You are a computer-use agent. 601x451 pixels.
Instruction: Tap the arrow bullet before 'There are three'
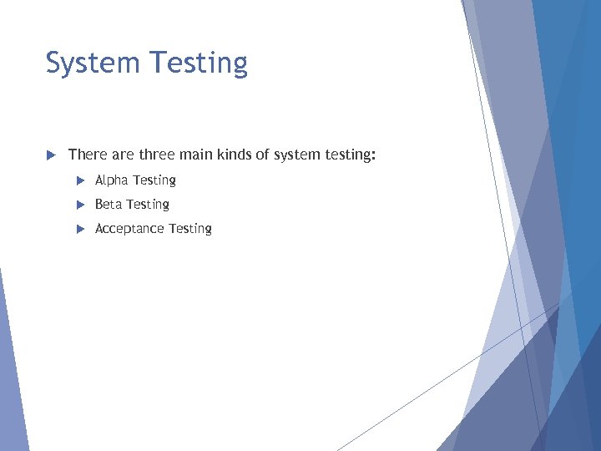click(x=50, y=155)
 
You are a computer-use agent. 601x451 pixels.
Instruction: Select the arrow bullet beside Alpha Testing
click(x=80, y=180)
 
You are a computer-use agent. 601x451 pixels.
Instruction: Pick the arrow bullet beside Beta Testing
click(x=80, y=205)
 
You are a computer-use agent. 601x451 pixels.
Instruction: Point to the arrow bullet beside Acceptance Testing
click(x=80, y=229)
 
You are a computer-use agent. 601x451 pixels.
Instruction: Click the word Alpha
click(x=112, y=180)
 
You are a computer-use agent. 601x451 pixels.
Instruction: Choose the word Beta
click(x=109, y=205)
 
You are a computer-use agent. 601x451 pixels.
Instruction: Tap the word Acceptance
click(x=129, y=229)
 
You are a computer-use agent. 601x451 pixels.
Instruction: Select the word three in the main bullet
click(x=156, y=155)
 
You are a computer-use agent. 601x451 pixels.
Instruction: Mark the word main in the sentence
click(x=197, y=155)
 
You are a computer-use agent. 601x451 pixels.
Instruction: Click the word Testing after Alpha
click(x=154, y=180)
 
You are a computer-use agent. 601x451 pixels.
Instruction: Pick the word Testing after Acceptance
click(x=190, y=229)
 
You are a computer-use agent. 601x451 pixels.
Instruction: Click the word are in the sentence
click(x=120, y=155)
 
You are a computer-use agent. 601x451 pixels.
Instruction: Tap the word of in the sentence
click(x=265, y=155)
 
